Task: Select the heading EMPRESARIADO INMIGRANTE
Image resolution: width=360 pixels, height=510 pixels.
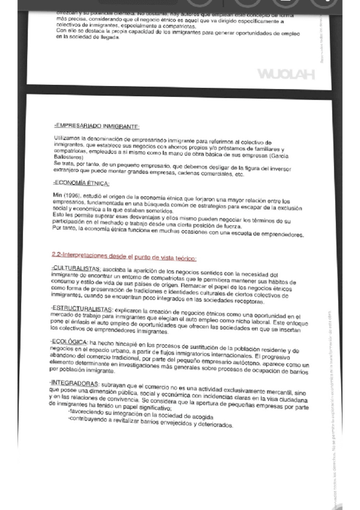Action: click(x=97, y=126)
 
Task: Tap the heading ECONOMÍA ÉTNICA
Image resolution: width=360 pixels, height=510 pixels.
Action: click(x=81, y=183)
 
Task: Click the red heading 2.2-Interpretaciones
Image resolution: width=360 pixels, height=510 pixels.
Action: click(x=124, y=258)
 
